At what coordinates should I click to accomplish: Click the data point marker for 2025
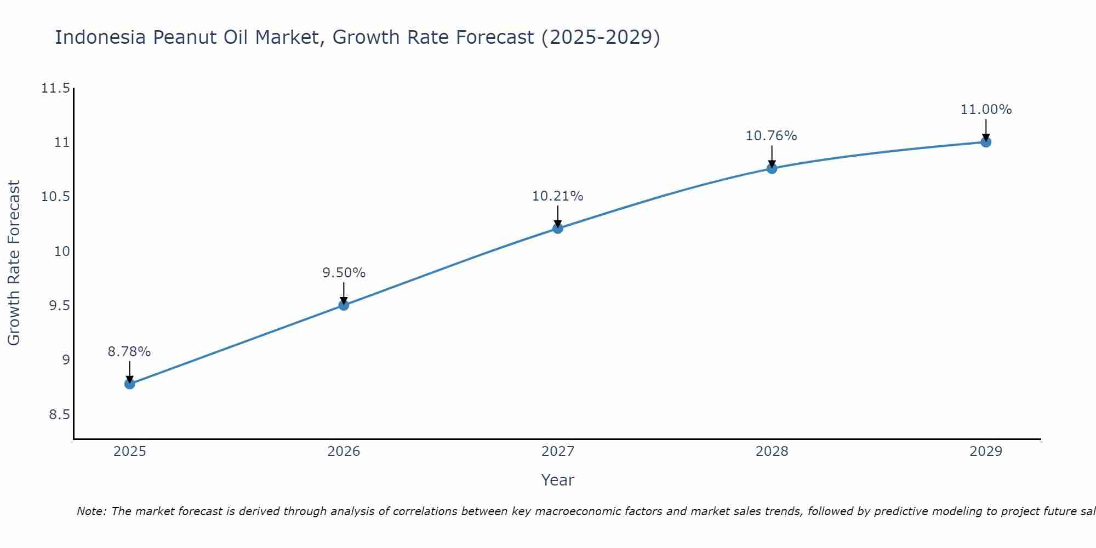(x=130, y=384)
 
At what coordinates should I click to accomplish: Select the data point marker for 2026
(x=344, y=305)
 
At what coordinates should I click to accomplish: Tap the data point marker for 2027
(x=558, y=228)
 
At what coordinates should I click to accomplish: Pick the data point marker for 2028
(x=772, y=168)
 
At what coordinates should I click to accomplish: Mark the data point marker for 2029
(x=986, y=142)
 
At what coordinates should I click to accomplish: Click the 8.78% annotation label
(x=129, y=352)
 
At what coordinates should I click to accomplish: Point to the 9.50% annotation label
(x=344, y=273)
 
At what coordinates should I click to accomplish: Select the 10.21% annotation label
(x=558, y=196)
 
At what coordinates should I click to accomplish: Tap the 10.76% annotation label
(x=772, y=136)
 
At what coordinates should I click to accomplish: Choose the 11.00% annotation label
(x=986, y=110)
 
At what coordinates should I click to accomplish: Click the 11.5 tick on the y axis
(x=55, y=88)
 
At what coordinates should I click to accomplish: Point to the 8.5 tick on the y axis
(x=59, y=415)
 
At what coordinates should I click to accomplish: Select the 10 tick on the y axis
(x=62, y=252)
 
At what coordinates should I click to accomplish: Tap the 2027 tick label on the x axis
(x=558, y=452)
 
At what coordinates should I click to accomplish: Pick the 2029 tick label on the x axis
(x=986, y=452)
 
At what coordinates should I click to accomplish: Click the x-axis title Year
(x=557, y=480)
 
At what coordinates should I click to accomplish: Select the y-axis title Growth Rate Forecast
(x=14, y=263)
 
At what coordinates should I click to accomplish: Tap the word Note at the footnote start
(x=90, y=511)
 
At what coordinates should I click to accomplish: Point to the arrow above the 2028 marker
(x=772, y=156)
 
